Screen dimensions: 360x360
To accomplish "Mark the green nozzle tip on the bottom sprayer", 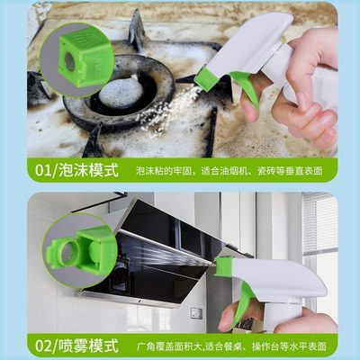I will coord(223,267).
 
